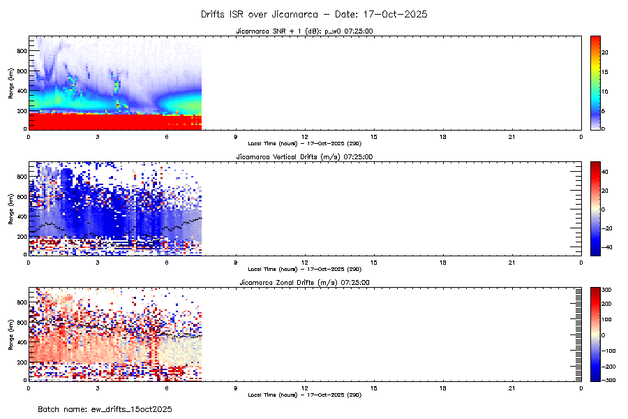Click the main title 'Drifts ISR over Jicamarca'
(313, 14)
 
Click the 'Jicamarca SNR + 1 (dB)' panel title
(304, 31)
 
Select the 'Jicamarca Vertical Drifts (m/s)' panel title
(304, 157)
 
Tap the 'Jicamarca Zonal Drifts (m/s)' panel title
(304, 283)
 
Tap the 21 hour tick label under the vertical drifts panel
(511, 262)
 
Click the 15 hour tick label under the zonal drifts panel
(373, 388)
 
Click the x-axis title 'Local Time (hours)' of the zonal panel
(304, 395)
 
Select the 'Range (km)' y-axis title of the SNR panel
(10, 82)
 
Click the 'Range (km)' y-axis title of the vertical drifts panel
(10, 208)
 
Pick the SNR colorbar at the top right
(596, 82)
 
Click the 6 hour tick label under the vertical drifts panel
(167, 262)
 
